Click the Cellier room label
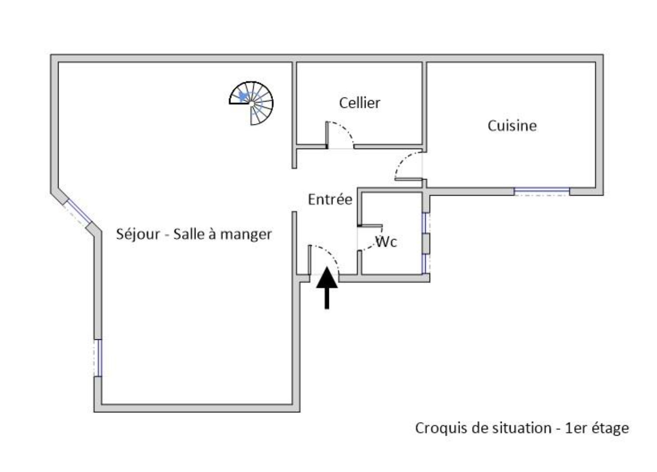point(359,103)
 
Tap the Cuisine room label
point(512,126)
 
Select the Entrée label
point(330,200)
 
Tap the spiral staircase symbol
point(252,103)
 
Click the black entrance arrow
point(327,288)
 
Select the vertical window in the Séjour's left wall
point(98,358)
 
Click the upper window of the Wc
point(425,223)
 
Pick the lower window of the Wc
point(425,264)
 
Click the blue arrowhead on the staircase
point(244,96)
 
